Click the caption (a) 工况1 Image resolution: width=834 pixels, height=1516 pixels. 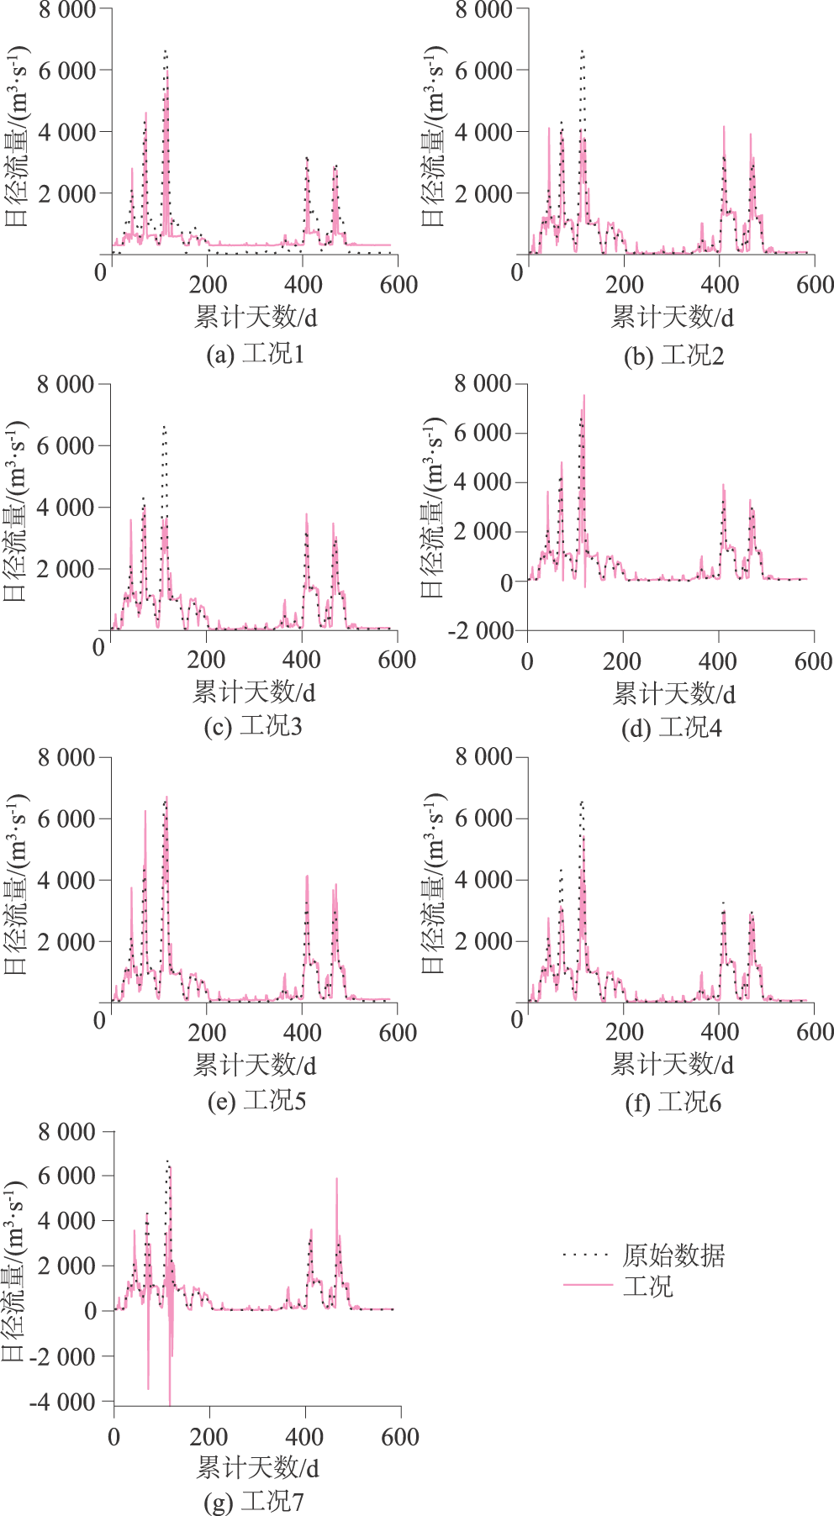(256, 354)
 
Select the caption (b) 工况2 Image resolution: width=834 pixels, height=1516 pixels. (673, 355)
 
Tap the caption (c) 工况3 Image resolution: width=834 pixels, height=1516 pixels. (253, 726)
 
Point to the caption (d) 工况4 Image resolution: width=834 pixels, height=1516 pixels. (671, 728)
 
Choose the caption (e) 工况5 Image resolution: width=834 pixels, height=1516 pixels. (256, 1100)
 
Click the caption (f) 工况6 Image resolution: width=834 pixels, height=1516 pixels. (673, 1102)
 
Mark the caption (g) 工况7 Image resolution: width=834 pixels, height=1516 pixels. (254, 1500)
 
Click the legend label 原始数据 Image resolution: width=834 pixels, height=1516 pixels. (673, 1255)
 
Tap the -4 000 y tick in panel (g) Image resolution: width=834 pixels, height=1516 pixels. (62, 1401)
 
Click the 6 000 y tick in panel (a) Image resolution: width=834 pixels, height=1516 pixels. (66, 71)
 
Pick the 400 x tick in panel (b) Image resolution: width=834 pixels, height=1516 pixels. (720, 284)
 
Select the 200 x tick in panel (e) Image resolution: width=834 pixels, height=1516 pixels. (207, 1032)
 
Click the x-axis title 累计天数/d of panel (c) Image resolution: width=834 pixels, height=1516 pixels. (254, 692)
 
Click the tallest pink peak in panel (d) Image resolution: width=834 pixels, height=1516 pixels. (583, 397)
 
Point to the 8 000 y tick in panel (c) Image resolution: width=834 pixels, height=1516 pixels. (65, 385)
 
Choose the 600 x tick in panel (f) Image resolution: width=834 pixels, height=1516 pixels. (815, 1032)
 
